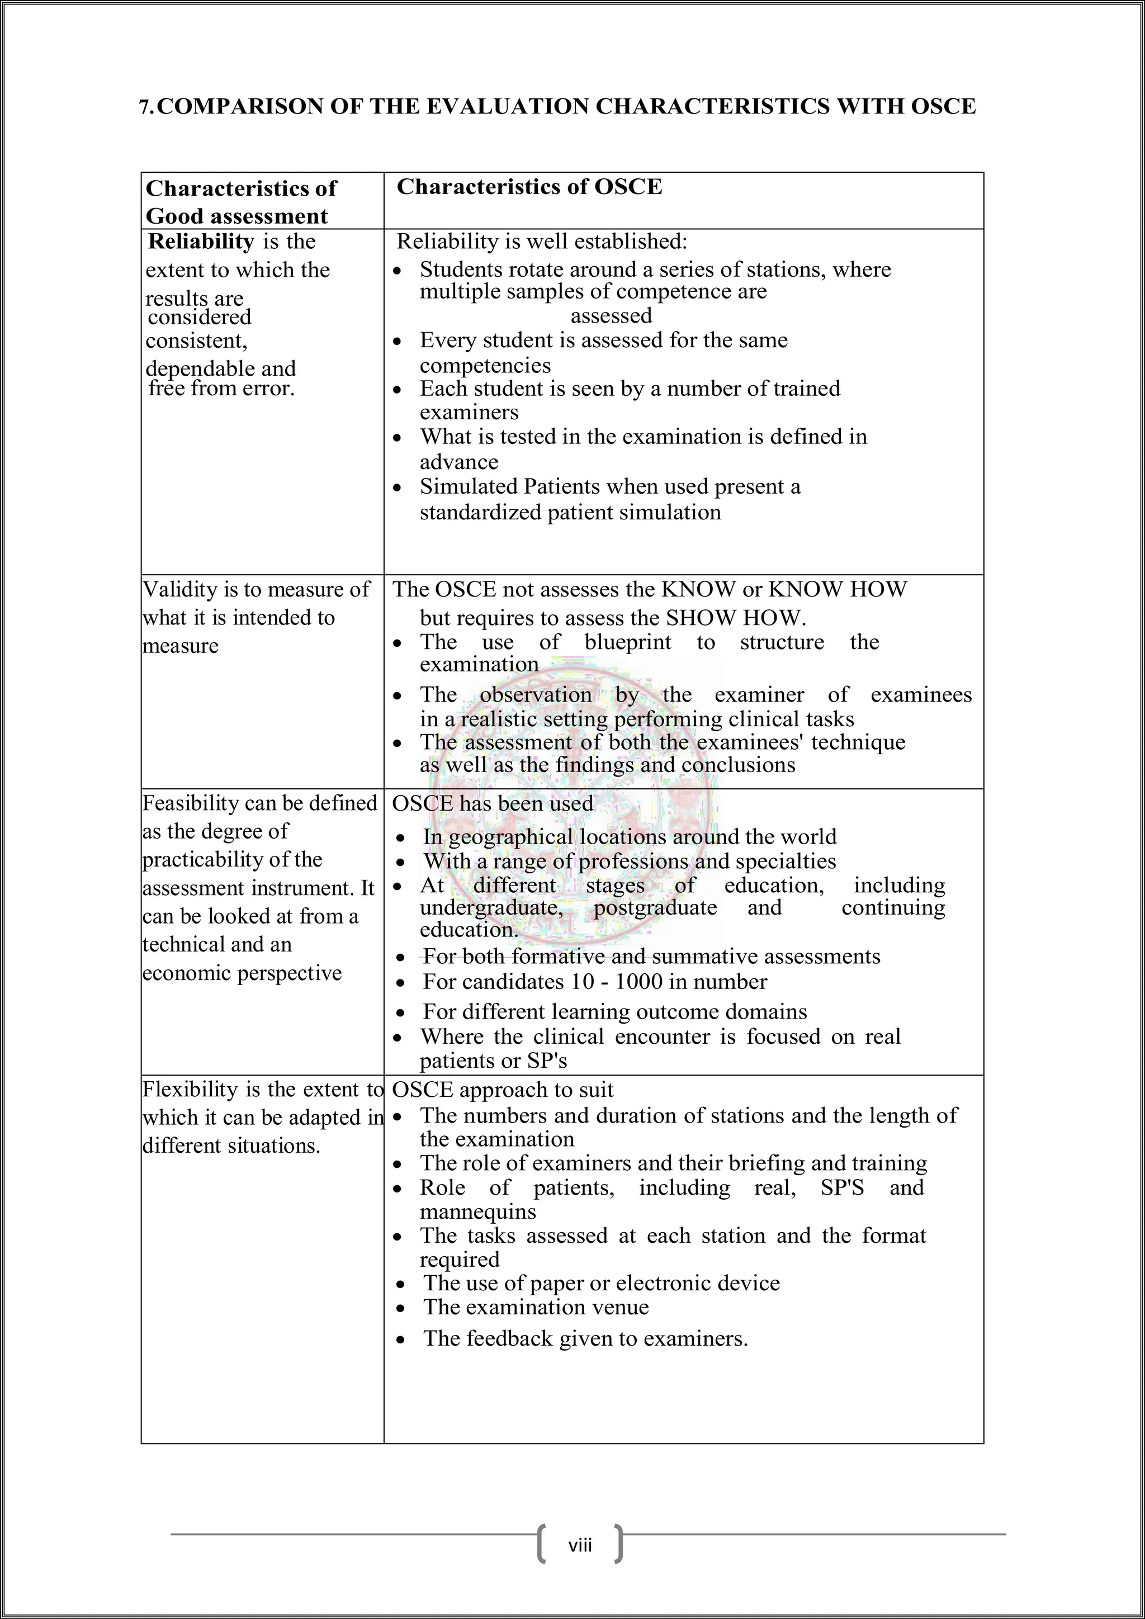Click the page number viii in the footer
580,1546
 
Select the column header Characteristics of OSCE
529,187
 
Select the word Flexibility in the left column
190,1090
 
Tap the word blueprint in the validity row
627,642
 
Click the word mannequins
477,1211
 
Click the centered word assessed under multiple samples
611,315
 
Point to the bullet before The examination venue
400,1309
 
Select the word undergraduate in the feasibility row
491,907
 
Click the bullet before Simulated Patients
398,487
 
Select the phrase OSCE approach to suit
502,1090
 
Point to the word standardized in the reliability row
481,512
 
